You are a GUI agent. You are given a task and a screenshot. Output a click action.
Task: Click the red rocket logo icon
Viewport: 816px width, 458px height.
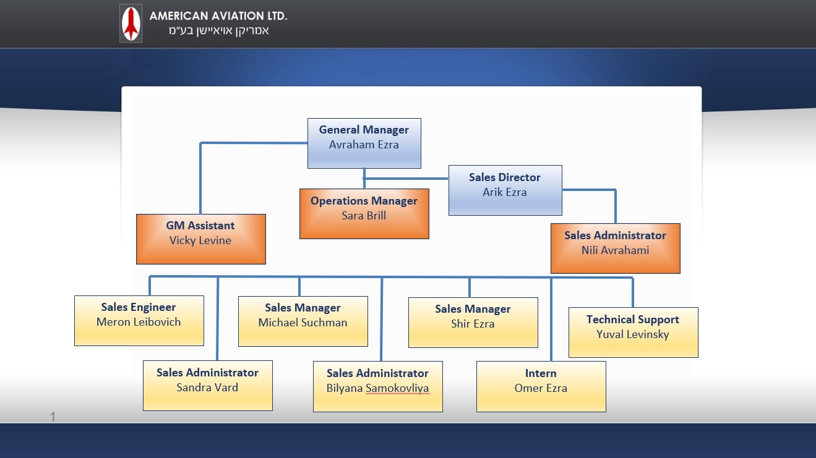131,23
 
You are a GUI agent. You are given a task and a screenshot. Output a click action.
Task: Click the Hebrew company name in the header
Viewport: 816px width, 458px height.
218,31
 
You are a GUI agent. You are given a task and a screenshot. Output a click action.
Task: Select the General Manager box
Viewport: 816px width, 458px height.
364,143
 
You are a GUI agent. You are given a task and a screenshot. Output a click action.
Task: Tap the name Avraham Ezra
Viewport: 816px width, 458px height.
364,145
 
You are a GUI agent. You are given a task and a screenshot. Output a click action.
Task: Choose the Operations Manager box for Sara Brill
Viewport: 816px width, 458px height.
364,214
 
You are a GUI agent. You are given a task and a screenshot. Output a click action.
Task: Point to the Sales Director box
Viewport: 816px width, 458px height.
505,190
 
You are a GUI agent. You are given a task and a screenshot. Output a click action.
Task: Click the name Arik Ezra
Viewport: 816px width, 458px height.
505,192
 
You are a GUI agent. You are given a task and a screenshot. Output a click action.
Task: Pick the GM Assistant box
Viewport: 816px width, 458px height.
200,239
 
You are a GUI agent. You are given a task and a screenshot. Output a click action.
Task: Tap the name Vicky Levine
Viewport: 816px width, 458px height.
200,241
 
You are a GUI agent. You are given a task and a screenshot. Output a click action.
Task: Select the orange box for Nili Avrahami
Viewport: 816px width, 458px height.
615,248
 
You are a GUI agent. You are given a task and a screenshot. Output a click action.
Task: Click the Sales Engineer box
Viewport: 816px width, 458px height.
139,321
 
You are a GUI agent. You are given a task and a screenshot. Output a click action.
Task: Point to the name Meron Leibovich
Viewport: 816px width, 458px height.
139,322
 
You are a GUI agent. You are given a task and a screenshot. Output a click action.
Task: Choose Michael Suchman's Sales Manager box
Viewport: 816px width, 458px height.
303,321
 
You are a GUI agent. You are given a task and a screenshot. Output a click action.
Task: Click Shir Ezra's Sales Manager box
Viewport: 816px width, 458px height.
473,323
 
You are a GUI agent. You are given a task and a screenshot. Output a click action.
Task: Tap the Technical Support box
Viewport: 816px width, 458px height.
633,333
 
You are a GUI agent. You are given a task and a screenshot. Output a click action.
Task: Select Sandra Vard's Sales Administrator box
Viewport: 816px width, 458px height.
207,386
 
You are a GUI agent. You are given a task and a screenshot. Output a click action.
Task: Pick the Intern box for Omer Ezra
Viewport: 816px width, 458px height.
541,386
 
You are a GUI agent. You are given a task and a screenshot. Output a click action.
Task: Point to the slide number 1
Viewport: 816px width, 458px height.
53,418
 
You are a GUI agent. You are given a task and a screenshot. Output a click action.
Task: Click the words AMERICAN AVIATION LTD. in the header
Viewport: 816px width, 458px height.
218,16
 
